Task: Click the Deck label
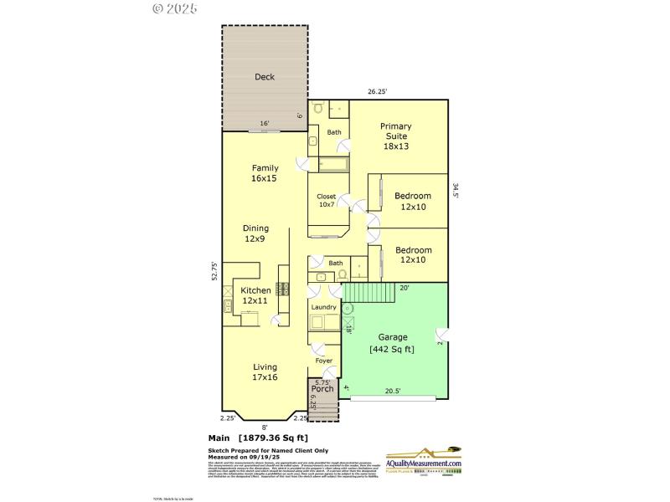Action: click(265, 77)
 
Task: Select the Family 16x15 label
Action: click(265, 173)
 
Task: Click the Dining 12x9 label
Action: click(255, 233)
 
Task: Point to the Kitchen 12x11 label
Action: click(255, 295)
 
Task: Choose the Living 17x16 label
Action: click(265, 371)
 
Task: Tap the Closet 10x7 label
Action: click(326, 202)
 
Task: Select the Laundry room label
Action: click(323, 308)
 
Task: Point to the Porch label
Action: click(322, 389)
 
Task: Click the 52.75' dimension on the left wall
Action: click(214, 274)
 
